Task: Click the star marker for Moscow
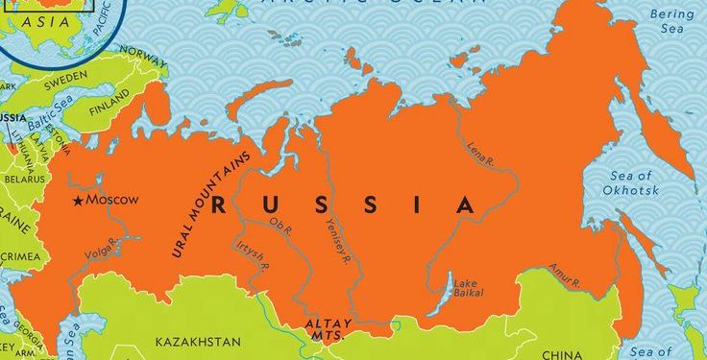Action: [79, 201]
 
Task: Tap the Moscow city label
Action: [112, 200]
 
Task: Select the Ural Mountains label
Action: [210, 204]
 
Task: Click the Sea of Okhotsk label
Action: [631, 183]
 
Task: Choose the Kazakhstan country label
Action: [198, 342]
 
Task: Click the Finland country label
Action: [109, 109]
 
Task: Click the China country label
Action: [562, 354]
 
